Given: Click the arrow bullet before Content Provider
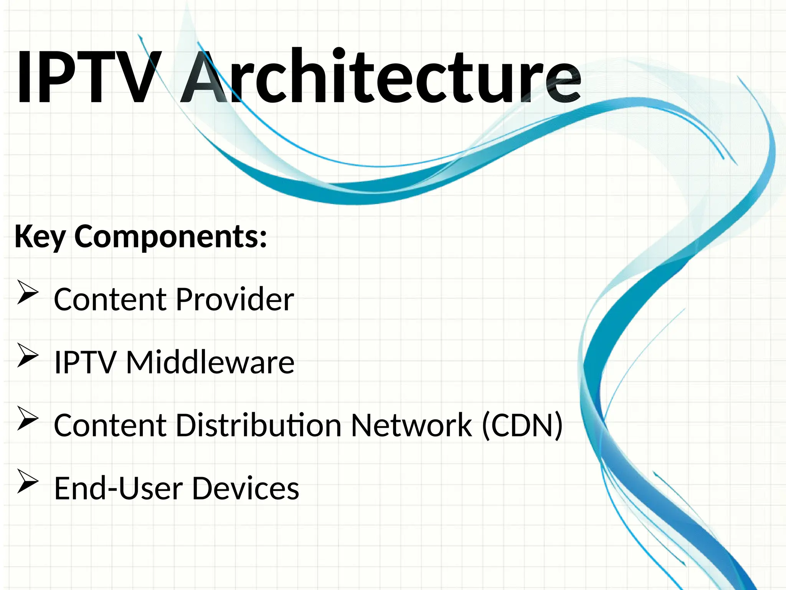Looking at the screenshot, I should pyautogui.click(x=28, y=293).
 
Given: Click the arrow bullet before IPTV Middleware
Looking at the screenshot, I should pyautogui.click(x=28, y=356).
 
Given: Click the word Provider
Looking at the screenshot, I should pyautogui.click(x=235, y=300).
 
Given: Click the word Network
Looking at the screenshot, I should pyautogui.click(x=411, y=425).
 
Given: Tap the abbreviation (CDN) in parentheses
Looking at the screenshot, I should pyautogui.click(x=522, y=425).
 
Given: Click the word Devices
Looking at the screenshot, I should pyautogui.click(x=245, y=488).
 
